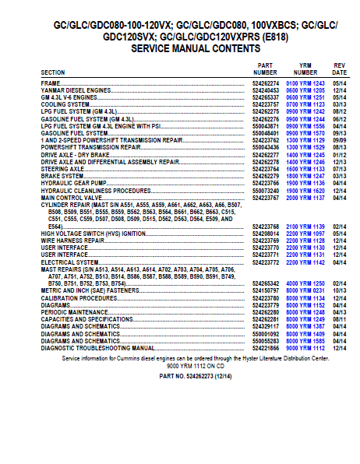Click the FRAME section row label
51,82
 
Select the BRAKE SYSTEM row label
62,176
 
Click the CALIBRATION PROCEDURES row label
79,297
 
